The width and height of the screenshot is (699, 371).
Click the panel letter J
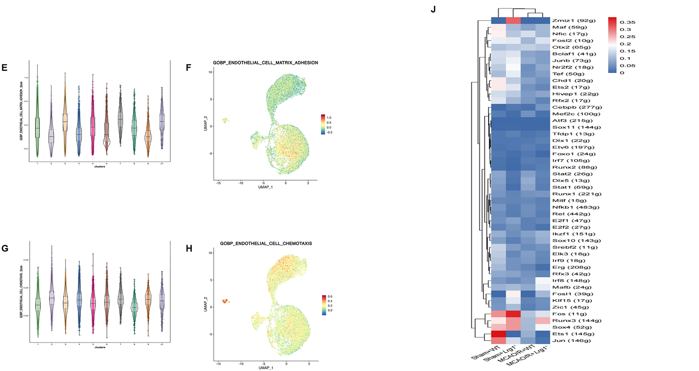pyautogui.click(x=433, y=10)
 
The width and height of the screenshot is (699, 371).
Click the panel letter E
pyautogui.click(x=4, y=68)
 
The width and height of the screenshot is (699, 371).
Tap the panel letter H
pyautogui.click(x=189, y=249)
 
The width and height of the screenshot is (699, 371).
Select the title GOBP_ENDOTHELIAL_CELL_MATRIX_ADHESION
pyautogui.click(x=265, y=63)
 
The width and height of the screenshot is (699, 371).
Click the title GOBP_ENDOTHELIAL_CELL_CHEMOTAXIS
pyautogui.click(x=266, y=243)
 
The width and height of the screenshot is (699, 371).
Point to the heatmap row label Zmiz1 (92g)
pyautogui.click(x=574, y=21)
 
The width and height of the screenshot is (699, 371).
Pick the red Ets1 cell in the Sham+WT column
pyautogui.click(x=498, y=334)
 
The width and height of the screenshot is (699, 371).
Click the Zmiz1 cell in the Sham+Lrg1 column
pyautogui.click(x=513, y=21)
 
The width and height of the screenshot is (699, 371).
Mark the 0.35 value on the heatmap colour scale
pyautogui.click(x=627, y=22)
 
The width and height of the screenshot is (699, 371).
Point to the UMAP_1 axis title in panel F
pyautogui.click(x=265, y=187)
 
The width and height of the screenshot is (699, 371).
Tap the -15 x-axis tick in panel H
pyautogui.click(x=219, y=364)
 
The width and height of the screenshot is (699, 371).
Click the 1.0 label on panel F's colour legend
pyautogui.click(x=329, y=118)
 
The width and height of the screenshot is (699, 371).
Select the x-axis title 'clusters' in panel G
pyautogui.click(x=100, y=347)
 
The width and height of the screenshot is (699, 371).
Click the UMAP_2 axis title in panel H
pyautogui.click(x=206, y=304)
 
